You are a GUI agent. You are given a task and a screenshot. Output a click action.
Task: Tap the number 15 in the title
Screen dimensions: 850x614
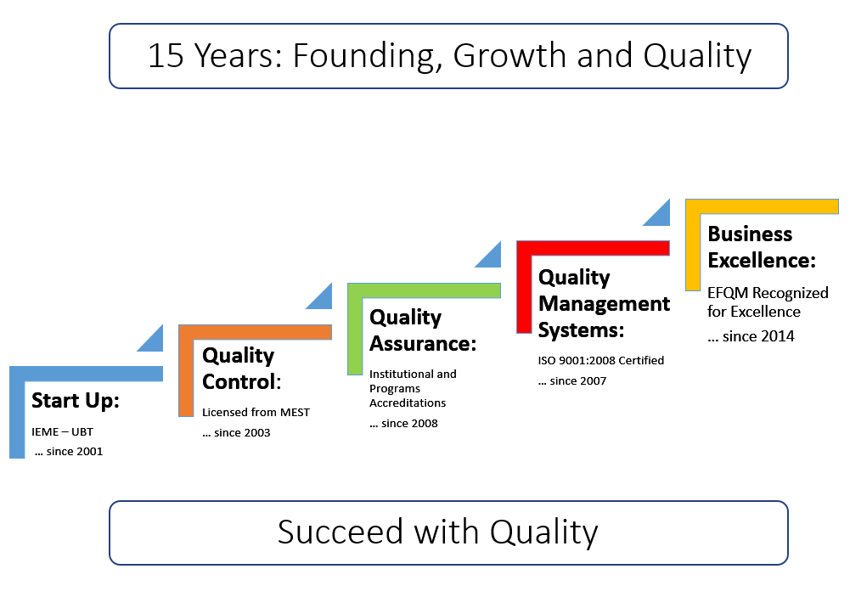tap(166, 55)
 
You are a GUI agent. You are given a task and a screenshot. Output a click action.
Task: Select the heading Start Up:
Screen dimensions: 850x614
tap(76, 401)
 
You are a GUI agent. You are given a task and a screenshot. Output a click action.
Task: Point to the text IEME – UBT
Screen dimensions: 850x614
tap(62, 432)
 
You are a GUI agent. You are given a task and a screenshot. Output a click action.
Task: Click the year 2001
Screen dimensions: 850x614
tap(88, 452)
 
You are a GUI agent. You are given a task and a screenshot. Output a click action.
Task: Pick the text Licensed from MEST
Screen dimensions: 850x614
tap(256, 413)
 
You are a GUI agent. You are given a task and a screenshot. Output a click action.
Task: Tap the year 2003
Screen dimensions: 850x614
tap(256, 432)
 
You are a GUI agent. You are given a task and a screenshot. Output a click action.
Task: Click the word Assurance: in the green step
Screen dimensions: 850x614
tap(423, 344)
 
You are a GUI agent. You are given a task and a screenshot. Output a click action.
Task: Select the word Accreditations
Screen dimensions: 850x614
tap(408, 403)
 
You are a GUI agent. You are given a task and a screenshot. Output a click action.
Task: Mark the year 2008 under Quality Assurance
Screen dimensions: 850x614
tap(424, 423)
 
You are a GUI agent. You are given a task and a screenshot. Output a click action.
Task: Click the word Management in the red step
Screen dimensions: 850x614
tap(604, 304)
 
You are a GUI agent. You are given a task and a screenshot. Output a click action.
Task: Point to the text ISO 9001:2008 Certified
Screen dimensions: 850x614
tap(600, 360)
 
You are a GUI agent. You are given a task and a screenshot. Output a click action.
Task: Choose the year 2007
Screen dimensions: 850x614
tap(592, 381)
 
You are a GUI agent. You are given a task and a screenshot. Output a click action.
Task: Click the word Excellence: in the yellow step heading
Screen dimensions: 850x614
tap(762, 261)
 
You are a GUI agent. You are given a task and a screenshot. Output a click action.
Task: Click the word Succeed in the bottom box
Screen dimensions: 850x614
tap(341, 532)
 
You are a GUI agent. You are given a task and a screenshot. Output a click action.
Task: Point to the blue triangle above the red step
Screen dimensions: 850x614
tap(487, 255)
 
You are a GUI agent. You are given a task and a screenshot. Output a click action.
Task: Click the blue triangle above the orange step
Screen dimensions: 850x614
tap(150, 338)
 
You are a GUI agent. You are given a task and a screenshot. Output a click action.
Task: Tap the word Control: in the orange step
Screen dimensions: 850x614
tap(242, 382)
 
